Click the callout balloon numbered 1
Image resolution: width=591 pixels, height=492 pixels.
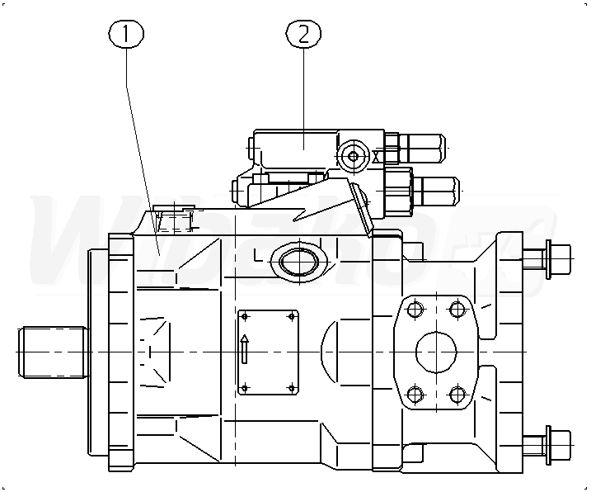point(126,34)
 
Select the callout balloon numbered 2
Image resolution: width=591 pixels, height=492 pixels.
point(303,34)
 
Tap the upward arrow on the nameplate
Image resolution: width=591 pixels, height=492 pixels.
point(245,348)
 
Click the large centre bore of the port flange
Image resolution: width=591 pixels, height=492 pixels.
point(436,352)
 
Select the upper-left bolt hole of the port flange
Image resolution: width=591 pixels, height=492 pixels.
point(415,310)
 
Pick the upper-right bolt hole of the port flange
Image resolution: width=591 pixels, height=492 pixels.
point(457,310)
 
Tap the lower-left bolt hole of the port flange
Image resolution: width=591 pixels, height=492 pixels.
point(415,394)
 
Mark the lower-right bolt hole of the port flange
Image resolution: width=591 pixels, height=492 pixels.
point(457,394)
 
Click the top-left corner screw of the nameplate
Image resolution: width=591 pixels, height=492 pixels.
point(243,315)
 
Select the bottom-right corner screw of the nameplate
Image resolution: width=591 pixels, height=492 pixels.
point(291,388)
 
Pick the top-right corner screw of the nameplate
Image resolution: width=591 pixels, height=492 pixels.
point(291,315)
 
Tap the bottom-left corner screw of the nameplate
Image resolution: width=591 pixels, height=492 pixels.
point(243,388)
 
